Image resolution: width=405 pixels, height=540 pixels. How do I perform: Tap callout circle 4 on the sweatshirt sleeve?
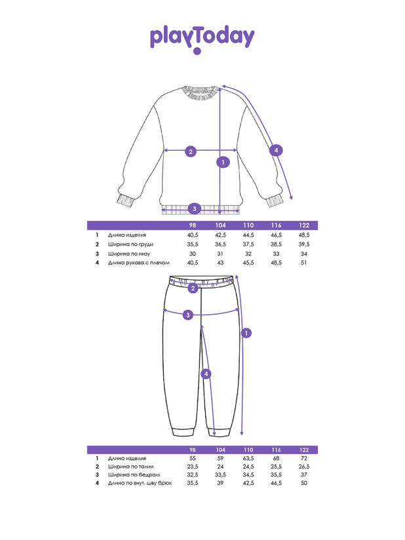click(x=276, y=150)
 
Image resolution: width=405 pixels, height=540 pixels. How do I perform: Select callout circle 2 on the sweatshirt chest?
click(x=191, y=151)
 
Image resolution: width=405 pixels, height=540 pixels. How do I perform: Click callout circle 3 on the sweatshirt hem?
click(x=194, y=208)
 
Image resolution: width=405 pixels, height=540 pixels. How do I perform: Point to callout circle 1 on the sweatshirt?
click(x=223, y=163)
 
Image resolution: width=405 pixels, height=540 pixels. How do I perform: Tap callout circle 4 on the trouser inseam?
click(x=206, y=374)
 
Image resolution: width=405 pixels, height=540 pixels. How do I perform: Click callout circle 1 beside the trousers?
click(x=246, y=333)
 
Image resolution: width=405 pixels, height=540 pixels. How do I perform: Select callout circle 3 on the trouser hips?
click(x=187, y=315)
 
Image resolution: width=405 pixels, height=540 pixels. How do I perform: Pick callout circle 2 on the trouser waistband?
click(x=193, y=288)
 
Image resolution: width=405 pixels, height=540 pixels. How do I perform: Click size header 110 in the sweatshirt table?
click(x=248, y=225)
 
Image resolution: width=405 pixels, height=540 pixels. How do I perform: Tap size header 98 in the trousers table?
click(x=193, y=450)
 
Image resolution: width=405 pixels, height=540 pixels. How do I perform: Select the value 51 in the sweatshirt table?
click(x=304, y=262)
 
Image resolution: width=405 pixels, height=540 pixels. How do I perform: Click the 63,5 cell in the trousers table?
click(x=248, y=458)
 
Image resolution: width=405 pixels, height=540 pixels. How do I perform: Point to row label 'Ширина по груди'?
click(x=130, y=244)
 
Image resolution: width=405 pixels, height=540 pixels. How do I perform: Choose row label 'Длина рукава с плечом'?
click(x=139, y=262)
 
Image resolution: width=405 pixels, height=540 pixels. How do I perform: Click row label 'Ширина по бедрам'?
click(x=134, y=474)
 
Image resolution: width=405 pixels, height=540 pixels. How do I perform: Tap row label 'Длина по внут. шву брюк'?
click(x=140, y=483)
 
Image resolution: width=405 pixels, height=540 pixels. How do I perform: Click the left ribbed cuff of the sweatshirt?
click(x=125, y=201)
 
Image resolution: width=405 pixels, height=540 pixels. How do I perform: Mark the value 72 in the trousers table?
click(x=304, y=458)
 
